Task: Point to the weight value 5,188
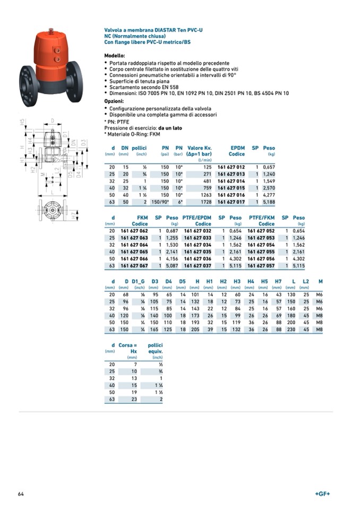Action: point(269,202)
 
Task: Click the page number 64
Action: point(21,494)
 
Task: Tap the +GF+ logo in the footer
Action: point(322,494)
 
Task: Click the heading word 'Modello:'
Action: point(115,55)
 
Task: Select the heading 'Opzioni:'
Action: point(114,101)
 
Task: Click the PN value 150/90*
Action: point(160,202)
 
